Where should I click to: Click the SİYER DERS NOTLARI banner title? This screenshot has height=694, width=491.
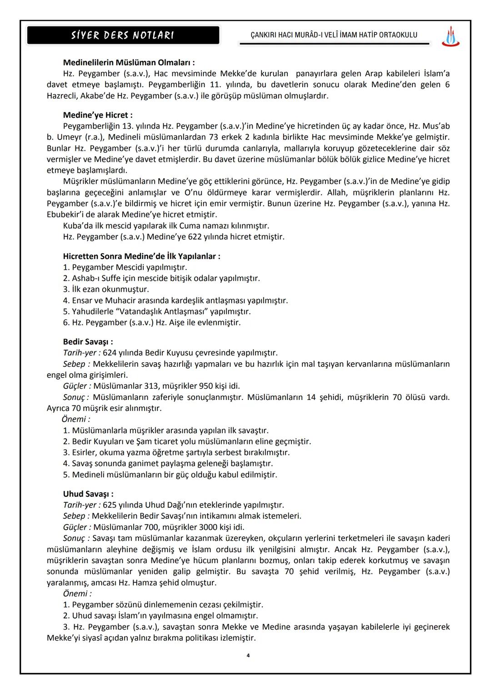(123, 35)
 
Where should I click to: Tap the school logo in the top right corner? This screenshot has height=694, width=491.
(450, 36)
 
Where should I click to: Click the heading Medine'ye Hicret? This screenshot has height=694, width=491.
(98, 115)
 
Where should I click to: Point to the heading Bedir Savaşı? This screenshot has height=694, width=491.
(88, 342)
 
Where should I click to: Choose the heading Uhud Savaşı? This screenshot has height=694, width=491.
(88, 494)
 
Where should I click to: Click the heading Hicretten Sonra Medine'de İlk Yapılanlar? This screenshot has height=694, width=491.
(141, 256)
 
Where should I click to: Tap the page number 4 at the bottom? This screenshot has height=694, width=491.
(248, 655)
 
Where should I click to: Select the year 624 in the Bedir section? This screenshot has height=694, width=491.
(110, 353)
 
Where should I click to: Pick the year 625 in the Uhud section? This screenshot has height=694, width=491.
(110, 505)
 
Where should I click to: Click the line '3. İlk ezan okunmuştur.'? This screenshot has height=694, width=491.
(106, 290)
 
